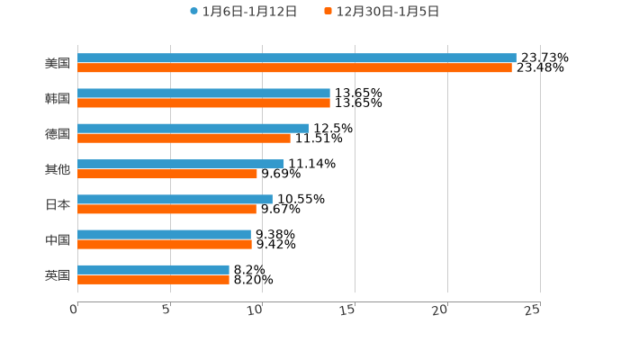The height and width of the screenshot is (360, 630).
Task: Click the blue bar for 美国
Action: tap(297, 58)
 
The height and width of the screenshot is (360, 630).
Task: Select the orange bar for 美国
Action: tap(294, 67)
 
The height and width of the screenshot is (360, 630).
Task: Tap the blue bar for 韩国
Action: tap(203, 93)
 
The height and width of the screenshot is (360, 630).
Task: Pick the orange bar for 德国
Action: tap(184, 138)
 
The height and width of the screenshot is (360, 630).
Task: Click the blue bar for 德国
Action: tap(193, 128)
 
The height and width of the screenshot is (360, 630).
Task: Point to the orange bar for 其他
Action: tap(167, 174)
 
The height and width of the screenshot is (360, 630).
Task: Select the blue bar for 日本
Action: tap(175, 199)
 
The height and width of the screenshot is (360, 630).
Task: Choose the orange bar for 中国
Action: tap(165, 244)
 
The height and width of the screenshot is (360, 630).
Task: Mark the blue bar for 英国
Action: tap(153, 269)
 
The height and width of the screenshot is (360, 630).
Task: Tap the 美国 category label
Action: tap(58, 63)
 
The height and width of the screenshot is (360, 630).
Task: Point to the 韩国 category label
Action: tap(58, 98)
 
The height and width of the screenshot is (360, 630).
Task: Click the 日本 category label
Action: tap(58, 204)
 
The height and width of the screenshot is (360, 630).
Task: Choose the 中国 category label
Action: tap(58, 239)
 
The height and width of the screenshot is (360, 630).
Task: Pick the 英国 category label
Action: tap(58, 274)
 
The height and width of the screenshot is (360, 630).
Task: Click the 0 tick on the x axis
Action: tap(75, 310)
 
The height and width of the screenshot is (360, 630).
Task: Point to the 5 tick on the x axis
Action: tap(166, 310)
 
